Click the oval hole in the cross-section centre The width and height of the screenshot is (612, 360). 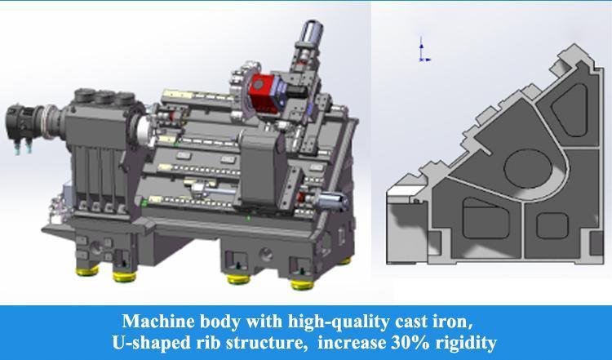click(527, 167)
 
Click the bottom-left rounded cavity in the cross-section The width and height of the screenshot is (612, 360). click(482, 220)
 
